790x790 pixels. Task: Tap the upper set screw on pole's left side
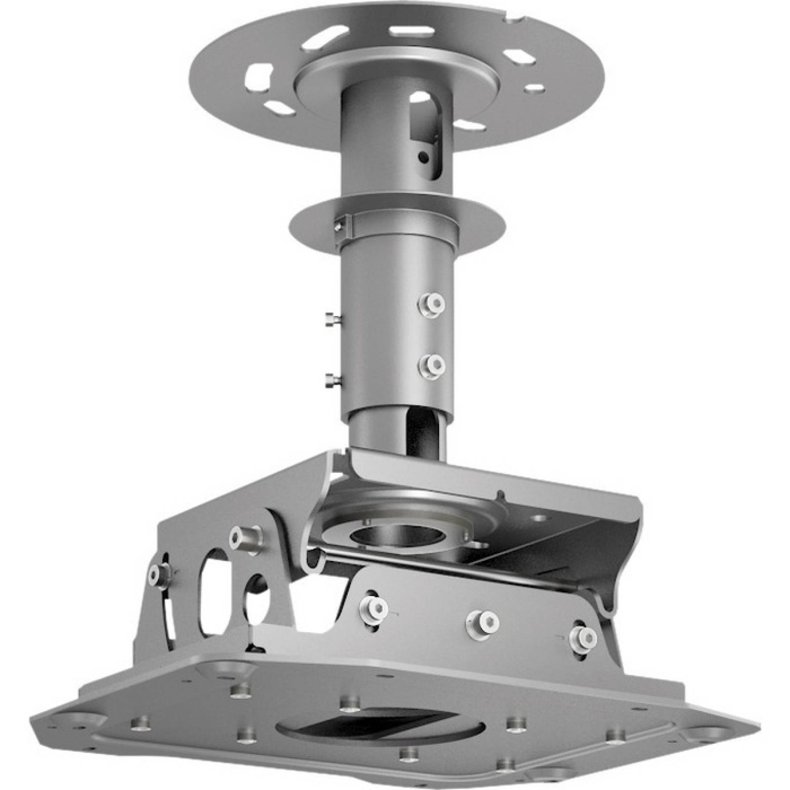(330, 320)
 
